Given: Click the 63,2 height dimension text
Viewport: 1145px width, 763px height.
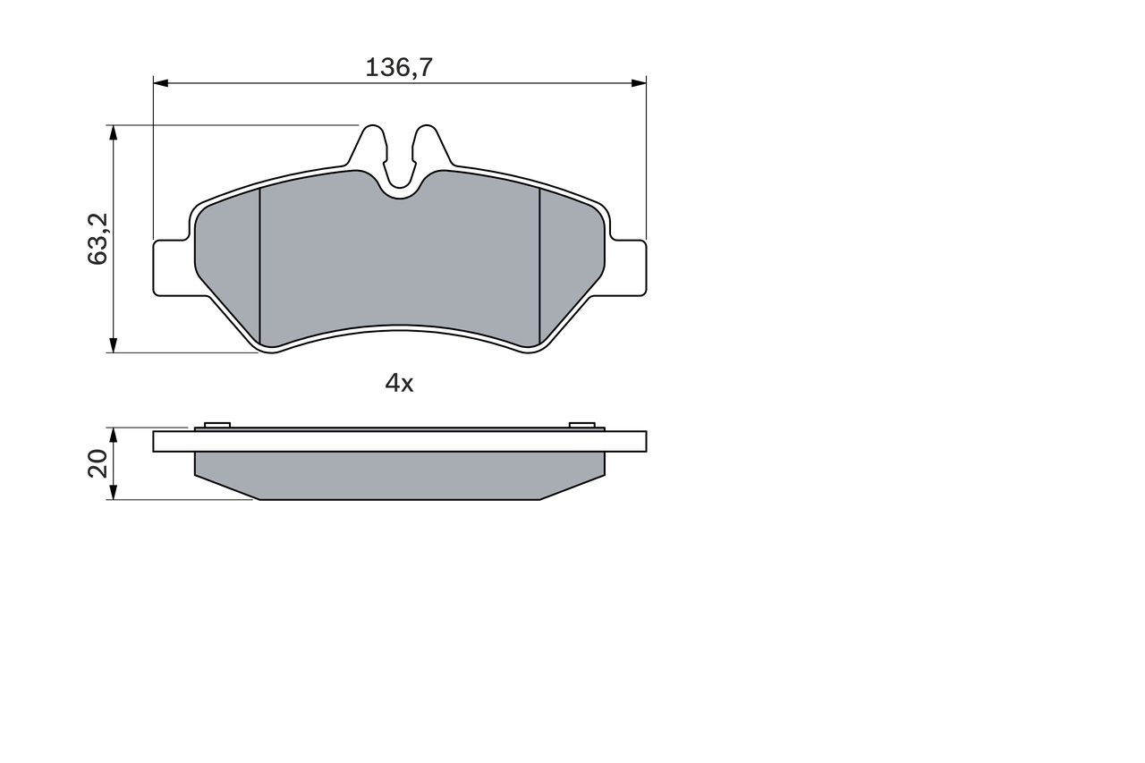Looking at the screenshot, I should click(98, 239).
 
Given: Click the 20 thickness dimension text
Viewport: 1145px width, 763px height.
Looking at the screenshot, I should click(98, 463).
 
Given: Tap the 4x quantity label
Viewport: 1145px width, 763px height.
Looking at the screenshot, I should click(399, 384).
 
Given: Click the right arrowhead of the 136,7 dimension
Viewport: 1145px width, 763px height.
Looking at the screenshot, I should click(639, 83).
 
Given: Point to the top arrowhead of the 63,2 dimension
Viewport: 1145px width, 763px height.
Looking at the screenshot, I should click(113, 132).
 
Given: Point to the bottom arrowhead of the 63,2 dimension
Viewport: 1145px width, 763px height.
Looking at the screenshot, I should click(113, 344).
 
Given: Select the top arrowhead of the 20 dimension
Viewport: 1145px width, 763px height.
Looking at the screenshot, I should click(113, 434).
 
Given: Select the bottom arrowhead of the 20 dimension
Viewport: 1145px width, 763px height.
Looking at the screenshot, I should click(113, 492).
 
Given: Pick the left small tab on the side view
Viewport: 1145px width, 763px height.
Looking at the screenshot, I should click(217, 425).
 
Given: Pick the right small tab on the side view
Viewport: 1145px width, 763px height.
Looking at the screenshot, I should click(582, 425).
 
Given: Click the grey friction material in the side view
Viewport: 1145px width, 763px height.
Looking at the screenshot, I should click(399, 475).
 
